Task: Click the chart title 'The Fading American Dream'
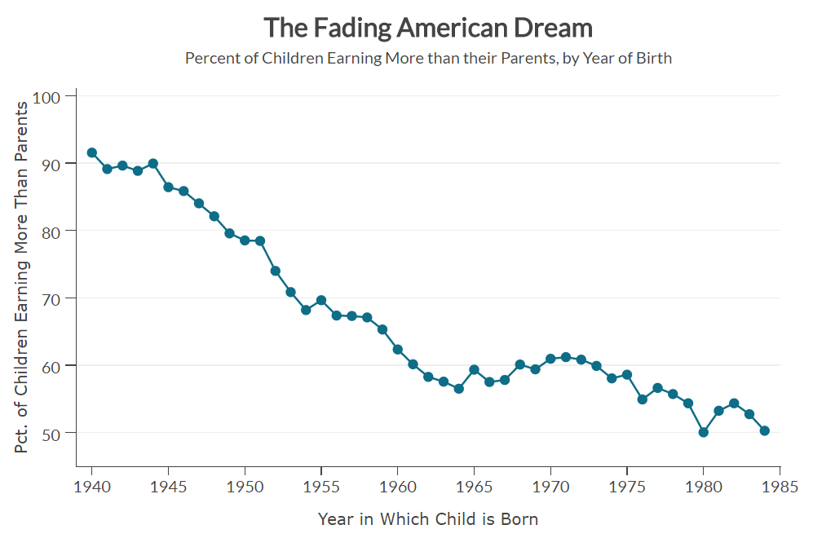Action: tap(428, 28)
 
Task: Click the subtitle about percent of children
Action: tap(428, 59)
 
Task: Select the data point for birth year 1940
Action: tap(92, 152)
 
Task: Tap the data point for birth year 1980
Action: tap(704, 432)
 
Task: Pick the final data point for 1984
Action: tap(765, 430)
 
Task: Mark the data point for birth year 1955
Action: tap(321, 300)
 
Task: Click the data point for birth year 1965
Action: tap(474, 370)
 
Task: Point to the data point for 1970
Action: tap(550, 359)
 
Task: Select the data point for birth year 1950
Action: tap(245, 240)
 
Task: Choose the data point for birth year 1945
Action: tap(169, 187)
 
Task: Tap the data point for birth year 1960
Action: tap(398, 350)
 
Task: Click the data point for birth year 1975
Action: tap(627, 375)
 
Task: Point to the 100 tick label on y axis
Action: tap(48, 96)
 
